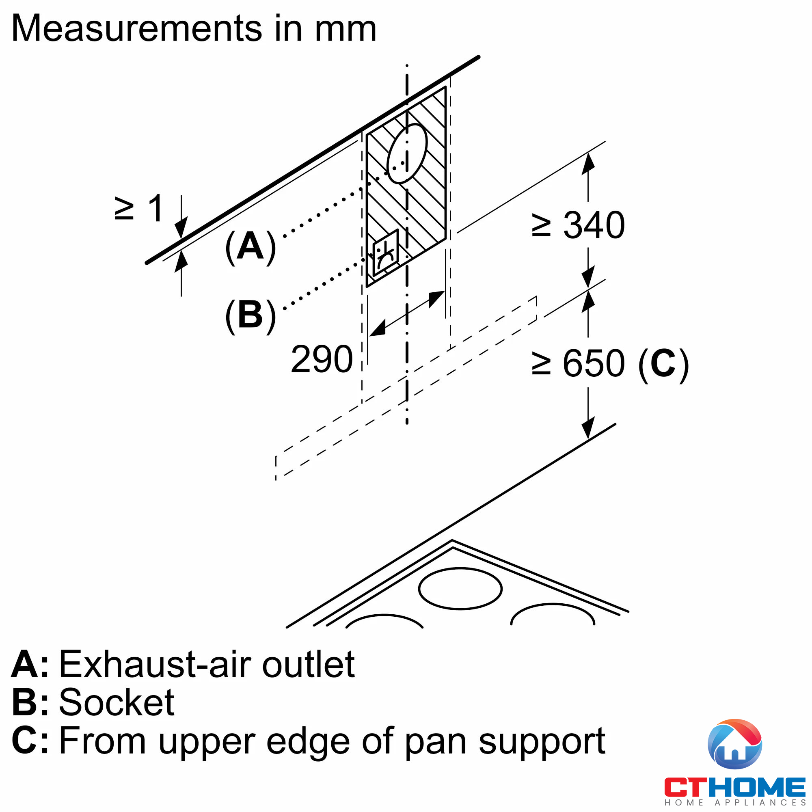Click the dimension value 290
click(x=322, y=359)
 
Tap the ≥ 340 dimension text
click(x=578, y=225)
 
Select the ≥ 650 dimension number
click(x=578, y=363)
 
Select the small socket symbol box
click(x=385, y=253)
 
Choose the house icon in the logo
click(x=735, y=744)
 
